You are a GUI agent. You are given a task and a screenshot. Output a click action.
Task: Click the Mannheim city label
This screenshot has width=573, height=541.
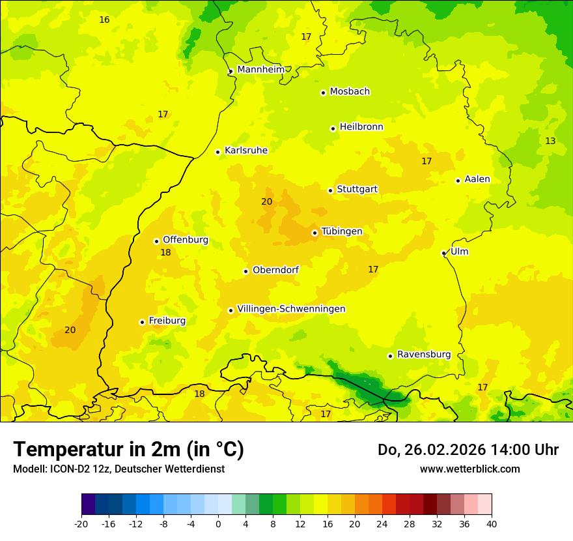click(x=261, y=69)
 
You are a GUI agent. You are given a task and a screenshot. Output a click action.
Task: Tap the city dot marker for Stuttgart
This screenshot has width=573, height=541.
click(x=330, y=190)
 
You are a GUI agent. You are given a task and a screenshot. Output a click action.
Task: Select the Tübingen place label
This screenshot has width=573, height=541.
click(x=342, y=231)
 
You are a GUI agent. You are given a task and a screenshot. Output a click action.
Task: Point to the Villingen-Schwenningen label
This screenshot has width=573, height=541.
click(x=291, y=309)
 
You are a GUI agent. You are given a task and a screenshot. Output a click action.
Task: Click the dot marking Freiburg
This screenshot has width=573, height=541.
click(x=142, y=322)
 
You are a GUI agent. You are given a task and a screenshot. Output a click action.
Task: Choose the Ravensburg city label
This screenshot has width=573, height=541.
click(x=424, y=355)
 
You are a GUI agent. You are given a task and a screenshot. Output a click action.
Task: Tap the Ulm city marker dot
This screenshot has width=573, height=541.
click(x=443, y=253)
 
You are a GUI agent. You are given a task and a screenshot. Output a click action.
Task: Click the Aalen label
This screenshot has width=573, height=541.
click(x=477, y=179)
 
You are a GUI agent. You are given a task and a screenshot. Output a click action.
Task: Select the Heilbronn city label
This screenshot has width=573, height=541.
click(x=361, y=127)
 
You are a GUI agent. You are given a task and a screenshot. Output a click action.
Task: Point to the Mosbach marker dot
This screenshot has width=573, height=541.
click(x=323, y=93)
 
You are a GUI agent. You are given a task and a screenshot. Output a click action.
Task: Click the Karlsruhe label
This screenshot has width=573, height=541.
click(x=246, y=151)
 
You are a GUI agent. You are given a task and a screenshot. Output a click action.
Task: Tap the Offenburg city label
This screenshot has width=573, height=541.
click(x=186, y=240)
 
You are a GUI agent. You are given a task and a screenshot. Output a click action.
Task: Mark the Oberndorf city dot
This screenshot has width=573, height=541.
click(x=245, y=271)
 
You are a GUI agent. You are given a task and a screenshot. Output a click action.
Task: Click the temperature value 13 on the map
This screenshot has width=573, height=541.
click(x=550, y=141)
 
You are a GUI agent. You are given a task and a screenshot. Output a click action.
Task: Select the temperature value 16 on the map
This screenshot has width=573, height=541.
click(x=104, y=20)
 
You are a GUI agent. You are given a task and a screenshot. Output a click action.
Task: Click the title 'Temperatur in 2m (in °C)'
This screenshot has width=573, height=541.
click(x=128, y=449)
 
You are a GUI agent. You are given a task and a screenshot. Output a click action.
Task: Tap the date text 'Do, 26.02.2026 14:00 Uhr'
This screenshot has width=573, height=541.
click(x=468, y=450)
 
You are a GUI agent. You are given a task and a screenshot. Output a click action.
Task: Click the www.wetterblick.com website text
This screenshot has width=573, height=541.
click(x=469, y=469)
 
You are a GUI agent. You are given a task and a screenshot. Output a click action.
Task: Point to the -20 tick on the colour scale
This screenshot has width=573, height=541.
click(x=81, y=523)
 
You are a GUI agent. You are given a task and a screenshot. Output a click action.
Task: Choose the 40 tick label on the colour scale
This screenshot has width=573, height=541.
click(x=492, y=523)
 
